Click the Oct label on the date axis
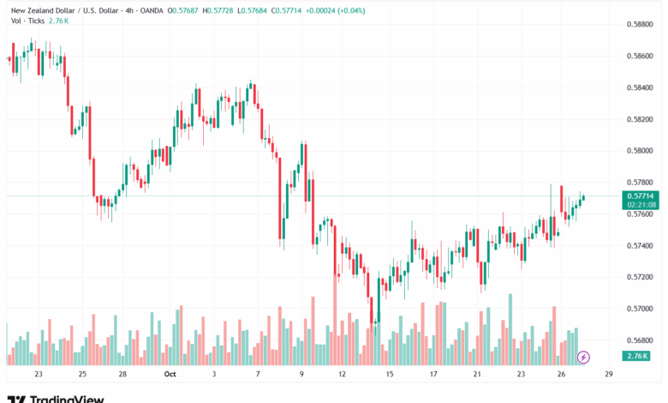(x=170, y=375)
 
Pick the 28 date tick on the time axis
(x=123, y=375)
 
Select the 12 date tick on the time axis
(x=343, y=375)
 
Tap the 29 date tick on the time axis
(x=607, y=375)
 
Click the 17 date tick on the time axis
(x=434, y=375)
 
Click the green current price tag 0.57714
(x=641, y=196)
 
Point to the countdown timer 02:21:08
(x=641, y=205)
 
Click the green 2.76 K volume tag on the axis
(x=638, y=356)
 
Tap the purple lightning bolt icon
(x=584, y=357)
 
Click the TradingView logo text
(x=67, y=399)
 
